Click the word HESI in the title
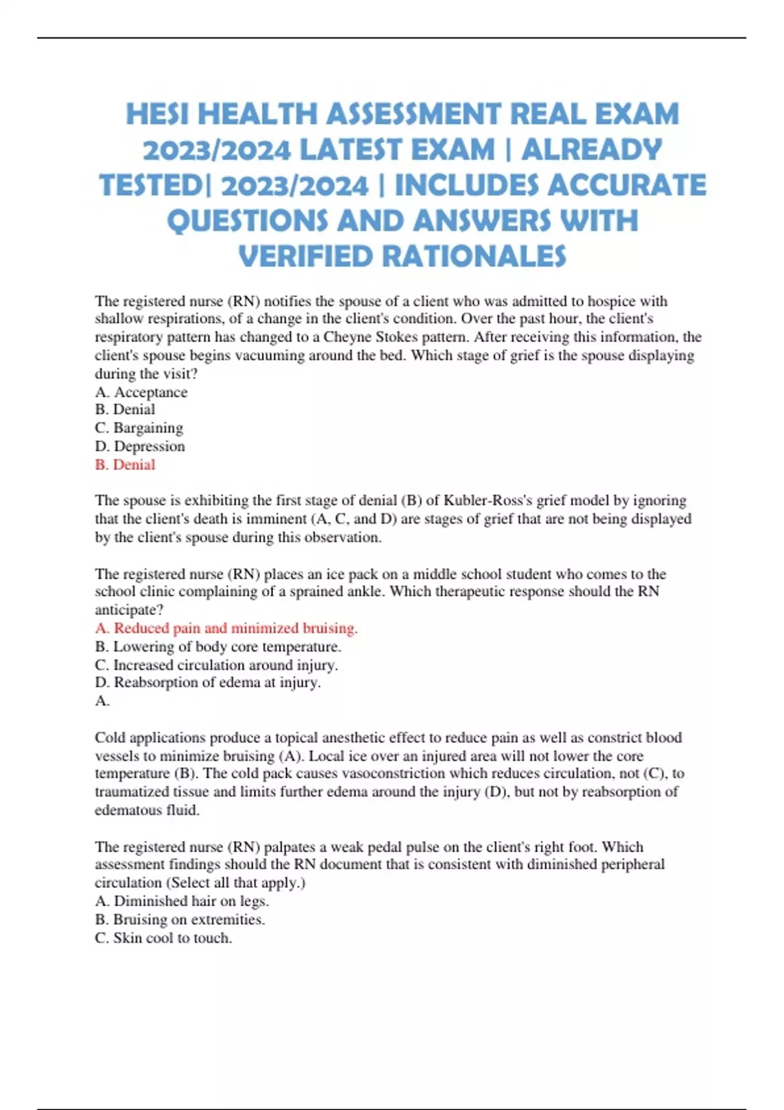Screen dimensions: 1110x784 (158, 114)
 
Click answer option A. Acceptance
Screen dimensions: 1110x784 (141, 392)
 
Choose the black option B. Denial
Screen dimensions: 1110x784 (125, 409)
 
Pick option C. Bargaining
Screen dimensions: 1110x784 (139, 428)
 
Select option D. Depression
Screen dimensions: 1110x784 (140, 446)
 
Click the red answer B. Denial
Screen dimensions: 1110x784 (125, 465)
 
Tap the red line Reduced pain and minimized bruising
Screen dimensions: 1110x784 (226, 628)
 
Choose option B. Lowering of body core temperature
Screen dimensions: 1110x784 (218, 646)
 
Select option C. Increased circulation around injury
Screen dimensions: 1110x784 (216, 665)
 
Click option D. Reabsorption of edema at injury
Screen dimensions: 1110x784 (208, 682)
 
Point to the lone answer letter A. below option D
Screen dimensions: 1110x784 (102, 701)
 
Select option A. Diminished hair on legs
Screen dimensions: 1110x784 (182, 901)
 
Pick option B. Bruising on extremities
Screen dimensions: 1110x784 (180, 919)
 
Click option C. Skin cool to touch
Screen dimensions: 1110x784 (163, 938)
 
